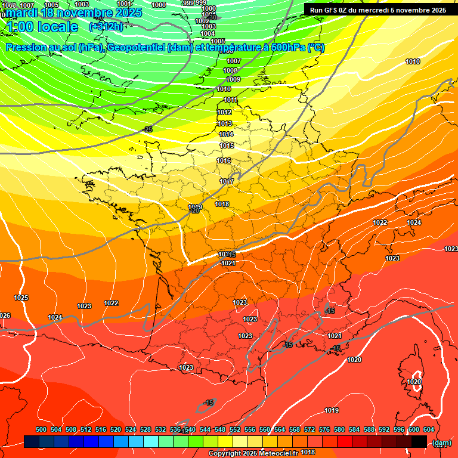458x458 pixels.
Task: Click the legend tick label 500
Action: (41, 429)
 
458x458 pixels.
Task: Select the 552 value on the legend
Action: (235, 429)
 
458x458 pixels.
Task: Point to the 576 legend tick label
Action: (324, 429)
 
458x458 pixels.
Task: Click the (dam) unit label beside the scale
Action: (441, 442)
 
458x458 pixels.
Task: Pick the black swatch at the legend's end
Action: (419, 441)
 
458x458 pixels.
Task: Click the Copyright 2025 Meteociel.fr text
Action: (253, 453)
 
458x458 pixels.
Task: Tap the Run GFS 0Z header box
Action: (378, 10)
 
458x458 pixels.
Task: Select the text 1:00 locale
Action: (42, 27)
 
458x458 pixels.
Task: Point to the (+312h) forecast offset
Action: (106, 27)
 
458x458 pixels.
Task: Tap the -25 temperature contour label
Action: (148, 129)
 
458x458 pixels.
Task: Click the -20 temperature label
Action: (194, 211)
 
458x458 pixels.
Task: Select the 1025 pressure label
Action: (21, 297)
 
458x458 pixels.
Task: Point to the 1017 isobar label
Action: (226, 181)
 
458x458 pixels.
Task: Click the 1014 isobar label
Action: (226, 134)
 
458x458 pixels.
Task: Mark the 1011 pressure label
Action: (230, 100)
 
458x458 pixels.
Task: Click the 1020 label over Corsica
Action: (414, 382)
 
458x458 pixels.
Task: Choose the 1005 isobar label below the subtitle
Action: (218, 41)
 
